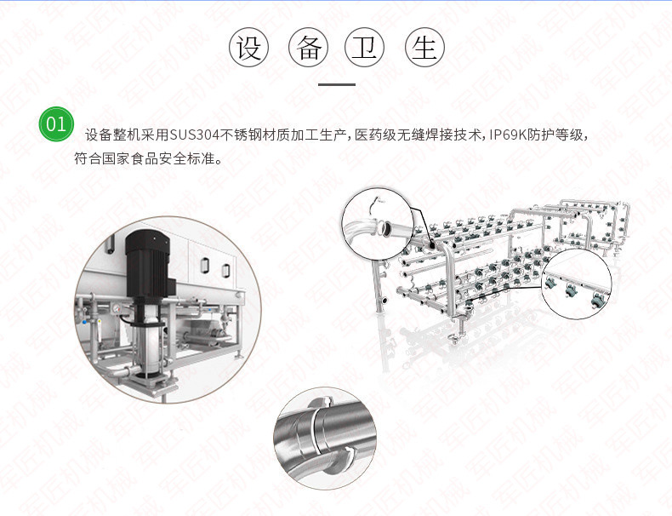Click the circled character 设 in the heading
pos(248,47)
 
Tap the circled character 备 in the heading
pos(309,47)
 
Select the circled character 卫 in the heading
pos(365,47)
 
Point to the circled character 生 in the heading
pos(424,47)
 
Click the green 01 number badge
pos(56,124)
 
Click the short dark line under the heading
pos(337,84)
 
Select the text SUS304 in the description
pos(194,135)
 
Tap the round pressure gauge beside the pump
pos(116,307)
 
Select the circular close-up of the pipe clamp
pos(325,439)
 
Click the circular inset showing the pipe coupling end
pos(377,223)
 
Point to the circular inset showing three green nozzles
pos(577,284)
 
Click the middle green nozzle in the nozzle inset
pos(571,291)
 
